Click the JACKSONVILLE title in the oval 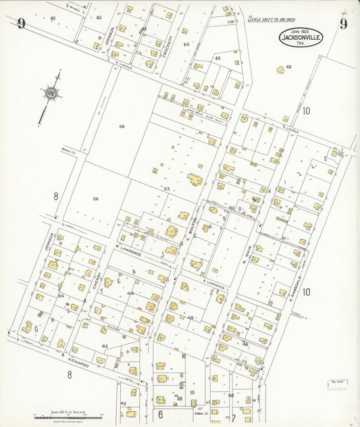click(x=301, y=38)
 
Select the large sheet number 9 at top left click(x=22, y=25)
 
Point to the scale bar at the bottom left click(x=68, y=417)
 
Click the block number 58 click(x=122, y=126)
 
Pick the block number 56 click(x=96, y=199)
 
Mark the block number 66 click(x=288, y=67)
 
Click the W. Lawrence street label click(x=128, y=253)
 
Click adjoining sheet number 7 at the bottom click(x=234, y=418)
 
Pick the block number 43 click(x=105, y=345)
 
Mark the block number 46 click(x=245, y=344)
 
